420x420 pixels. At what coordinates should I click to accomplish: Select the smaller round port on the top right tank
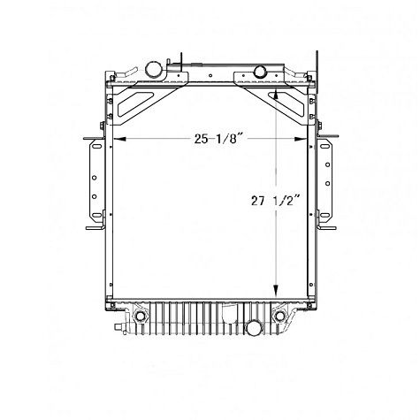pyautogui.click(x=262, y=72)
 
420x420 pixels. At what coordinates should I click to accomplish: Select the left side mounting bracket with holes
pyautogui.click(x=92, y=183)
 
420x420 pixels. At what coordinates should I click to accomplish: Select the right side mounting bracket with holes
pyautogui.click(x=329, y=183)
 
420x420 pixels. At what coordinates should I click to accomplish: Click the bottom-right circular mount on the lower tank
pyautogui.click(x=281, y=316)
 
